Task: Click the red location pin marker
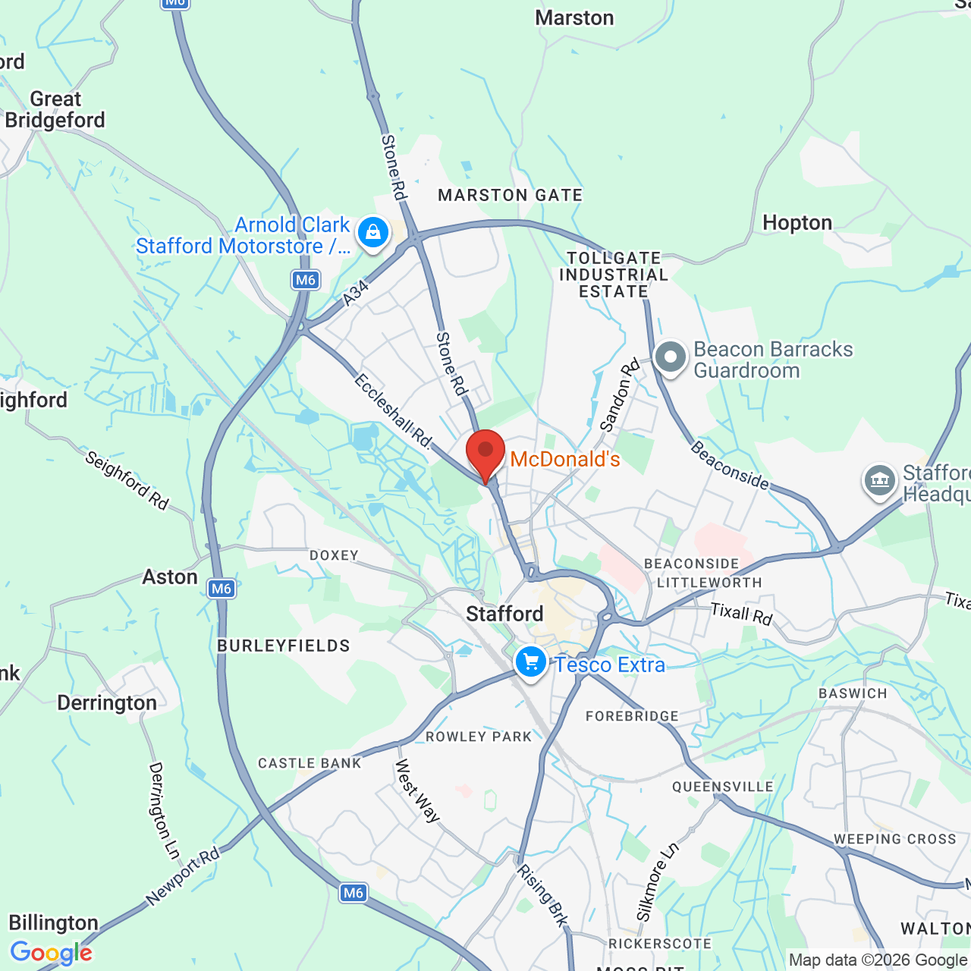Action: point(485,453)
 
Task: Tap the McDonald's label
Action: point(565,460)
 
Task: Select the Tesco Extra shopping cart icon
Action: point(531,662)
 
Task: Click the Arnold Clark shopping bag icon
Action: point(373,233)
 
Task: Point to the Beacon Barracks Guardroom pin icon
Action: point(670,357)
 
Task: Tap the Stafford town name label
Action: point(504,614)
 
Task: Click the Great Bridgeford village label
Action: point(55,110)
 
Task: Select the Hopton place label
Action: point(797,222)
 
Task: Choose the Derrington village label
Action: point(107,703)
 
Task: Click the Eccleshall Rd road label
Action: point(393,410)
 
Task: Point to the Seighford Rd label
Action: point(127,480)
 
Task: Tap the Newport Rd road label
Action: point(183,876)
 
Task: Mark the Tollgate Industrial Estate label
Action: point(614,275)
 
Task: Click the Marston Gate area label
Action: point(511,196)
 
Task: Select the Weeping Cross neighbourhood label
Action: point(895,839)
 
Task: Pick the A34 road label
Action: point(355,293)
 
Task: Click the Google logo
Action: point(52,953)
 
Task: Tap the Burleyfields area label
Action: point(284,646)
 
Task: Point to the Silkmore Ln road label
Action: point(657,882)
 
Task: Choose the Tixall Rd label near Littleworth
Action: point(741,613)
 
